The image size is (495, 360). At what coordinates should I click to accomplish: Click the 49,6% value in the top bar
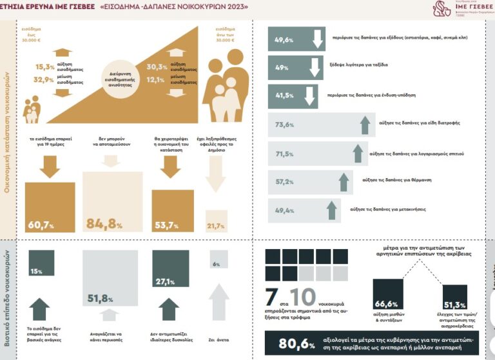(284, 40)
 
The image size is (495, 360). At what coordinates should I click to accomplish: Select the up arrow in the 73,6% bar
(365, 125)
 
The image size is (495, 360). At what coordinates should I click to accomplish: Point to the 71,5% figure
(284, 154)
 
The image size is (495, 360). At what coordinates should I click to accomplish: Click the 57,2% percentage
(284, 183)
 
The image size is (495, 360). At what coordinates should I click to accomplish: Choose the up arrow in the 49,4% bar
(332, 210)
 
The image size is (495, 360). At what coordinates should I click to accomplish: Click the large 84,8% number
(104, 225)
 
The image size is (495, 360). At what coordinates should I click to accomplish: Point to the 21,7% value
(216, 226)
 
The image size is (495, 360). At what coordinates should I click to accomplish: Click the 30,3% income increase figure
(157, 67)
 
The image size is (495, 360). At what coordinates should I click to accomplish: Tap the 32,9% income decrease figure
(44, 79)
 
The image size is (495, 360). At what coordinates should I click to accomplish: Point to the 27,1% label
(166, 281)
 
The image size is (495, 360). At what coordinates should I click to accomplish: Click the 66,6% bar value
(385, 304)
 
